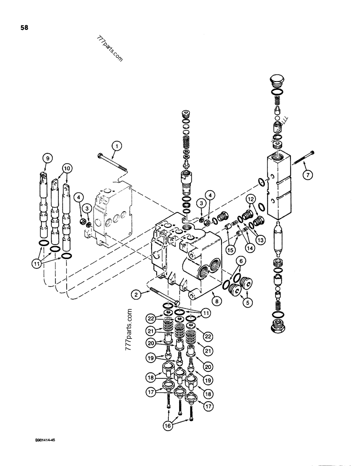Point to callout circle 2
[135, 295]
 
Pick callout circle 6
[241, 262]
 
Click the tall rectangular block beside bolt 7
[280, 186]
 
